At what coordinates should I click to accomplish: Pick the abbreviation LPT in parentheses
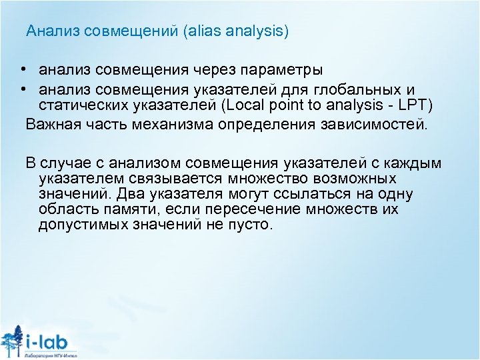(x=418, y=106)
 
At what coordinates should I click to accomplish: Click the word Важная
(x=51, y=124)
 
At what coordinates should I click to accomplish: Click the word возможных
(x=357, y=179)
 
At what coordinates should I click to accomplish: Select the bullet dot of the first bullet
(x=23, y=69)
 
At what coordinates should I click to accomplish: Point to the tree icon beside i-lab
(x=11, y=341)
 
